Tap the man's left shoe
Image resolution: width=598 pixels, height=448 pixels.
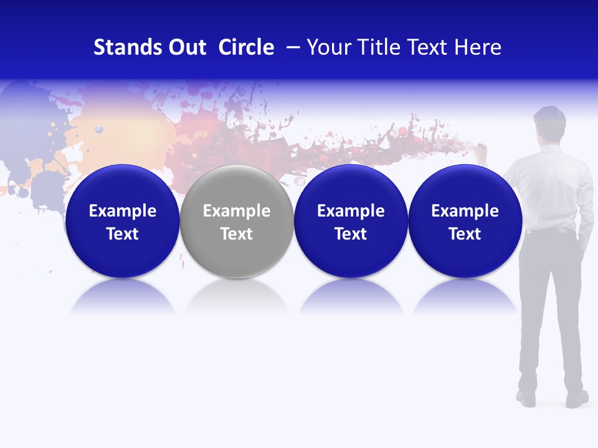click(526, 398)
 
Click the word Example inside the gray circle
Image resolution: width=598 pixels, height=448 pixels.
click(237, 211)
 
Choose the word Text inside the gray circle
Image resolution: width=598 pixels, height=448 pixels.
click(237, 234)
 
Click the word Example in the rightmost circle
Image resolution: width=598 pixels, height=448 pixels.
click(465, 211)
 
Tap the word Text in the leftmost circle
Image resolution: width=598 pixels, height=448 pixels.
click(122, 234)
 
